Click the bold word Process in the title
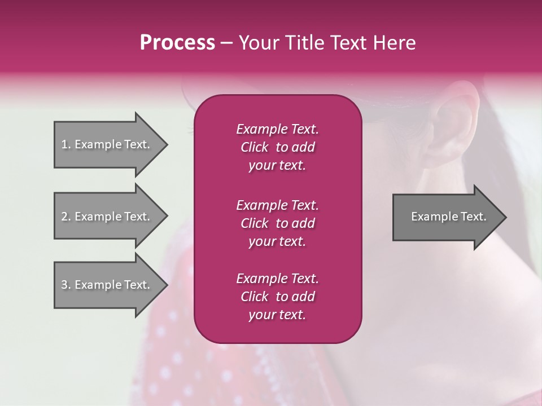point(177,43)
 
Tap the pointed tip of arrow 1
point(166,144)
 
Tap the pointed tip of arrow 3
point(166,285)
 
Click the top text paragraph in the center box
point(277,147)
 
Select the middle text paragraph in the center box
point(277,223)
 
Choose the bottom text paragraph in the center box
point(277,297)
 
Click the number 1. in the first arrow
point(66,144)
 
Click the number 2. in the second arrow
point(66,217)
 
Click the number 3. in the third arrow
point(66,285)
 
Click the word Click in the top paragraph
point(255,147)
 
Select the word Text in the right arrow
point(474,217)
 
